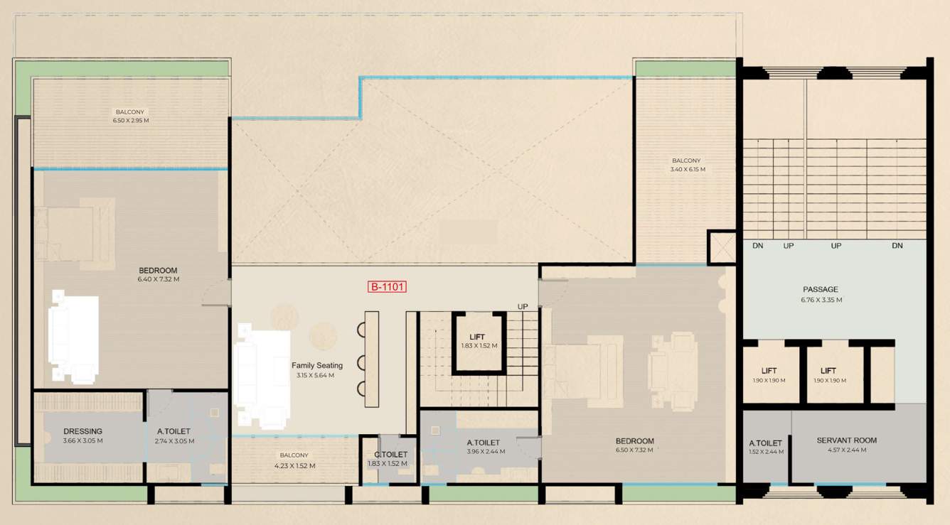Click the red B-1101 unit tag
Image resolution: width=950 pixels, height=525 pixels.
(x=387, y=288)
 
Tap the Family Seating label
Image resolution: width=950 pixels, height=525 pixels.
(x=317, y=366)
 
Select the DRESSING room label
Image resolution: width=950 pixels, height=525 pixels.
(x=82, y=431)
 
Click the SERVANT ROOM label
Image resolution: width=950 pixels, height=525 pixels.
(x=846, y=440)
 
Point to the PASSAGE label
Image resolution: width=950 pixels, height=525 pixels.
(x=821, y=290)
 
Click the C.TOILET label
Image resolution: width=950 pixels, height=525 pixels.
(x=390, y=455)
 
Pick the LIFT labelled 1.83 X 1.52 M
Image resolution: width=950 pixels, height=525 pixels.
(x=479, y=337)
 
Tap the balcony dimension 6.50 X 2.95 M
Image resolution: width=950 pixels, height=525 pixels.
(x=131, y=121)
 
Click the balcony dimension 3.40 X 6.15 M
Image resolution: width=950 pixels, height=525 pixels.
(x=685, y=170)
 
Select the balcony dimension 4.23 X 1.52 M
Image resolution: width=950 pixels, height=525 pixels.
(x=294, y=466)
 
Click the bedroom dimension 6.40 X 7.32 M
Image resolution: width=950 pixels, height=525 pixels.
(x=158, y=280)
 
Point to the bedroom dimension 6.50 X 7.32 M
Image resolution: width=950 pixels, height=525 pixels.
(x=634, y=450)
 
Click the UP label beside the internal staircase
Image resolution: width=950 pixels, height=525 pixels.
(x=523, y=306)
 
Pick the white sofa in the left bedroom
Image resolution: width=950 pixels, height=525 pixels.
(x=73, y=336)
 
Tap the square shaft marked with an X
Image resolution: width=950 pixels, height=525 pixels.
(x=722, y=247)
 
